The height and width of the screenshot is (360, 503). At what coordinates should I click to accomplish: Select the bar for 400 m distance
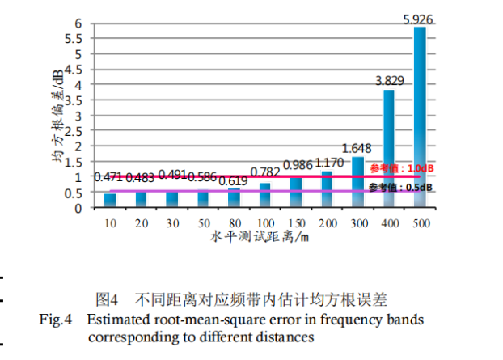(x=389, y=149)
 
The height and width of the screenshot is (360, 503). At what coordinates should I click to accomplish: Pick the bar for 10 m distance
(x=110, y=201)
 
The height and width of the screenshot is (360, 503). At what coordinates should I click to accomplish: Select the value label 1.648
(x=357, y=148)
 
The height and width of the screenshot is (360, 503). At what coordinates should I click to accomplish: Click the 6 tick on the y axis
(x=81, y=23)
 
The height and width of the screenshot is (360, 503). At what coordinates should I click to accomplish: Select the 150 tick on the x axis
(x=296, y=222)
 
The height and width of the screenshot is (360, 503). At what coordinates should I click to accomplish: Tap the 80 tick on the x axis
(x=235, y=222)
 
